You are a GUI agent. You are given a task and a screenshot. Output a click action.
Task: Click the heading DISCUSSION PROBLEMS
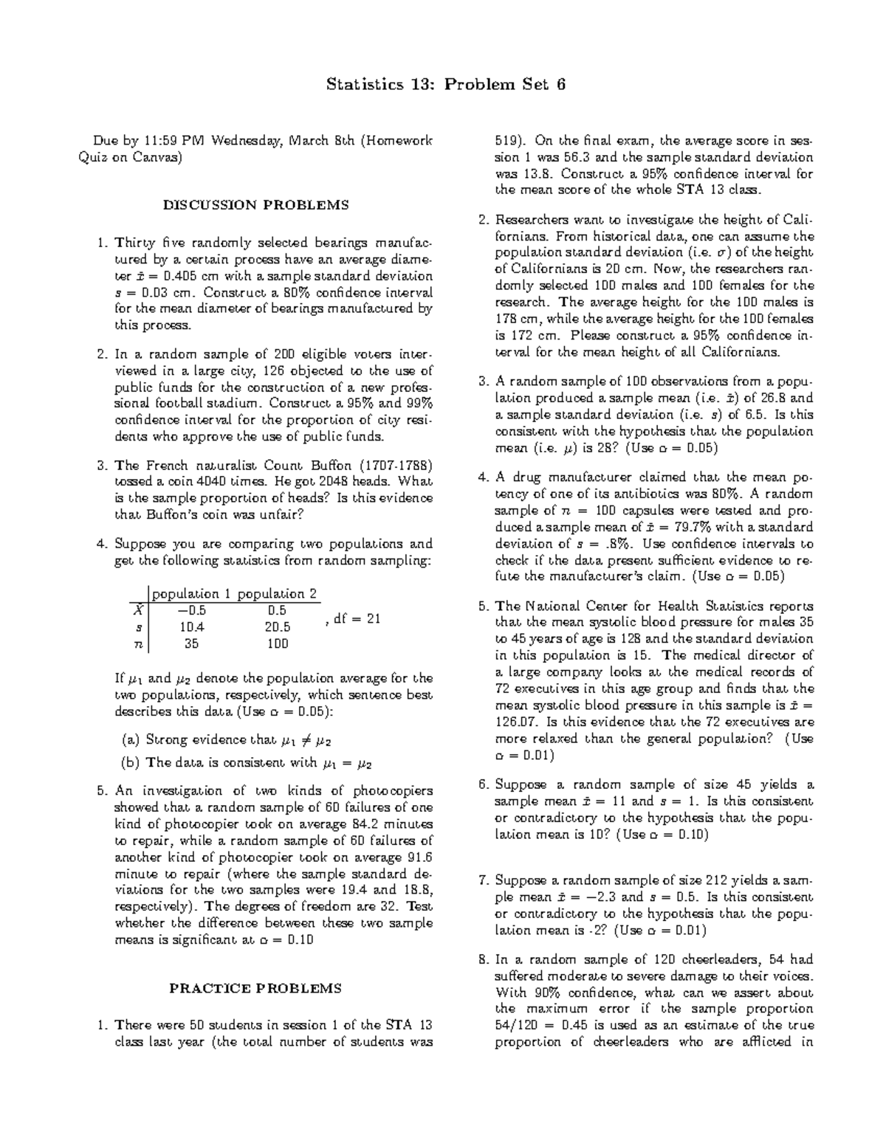point(255,205)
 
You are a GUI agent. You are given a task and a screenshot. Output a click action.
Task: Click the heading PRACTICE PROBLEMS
point(255,988)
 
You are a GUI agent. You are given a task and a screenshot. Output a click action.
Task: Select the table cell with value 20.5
point(277,626)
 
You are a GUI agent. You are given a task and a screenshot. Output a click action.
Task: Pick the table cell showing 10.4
point(192,626)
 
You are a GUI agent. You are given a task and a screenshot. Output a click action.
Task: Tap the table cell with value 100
point(277,643)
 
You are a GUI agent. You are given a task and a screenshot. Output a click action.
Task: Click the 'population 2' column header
point(277,593)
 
